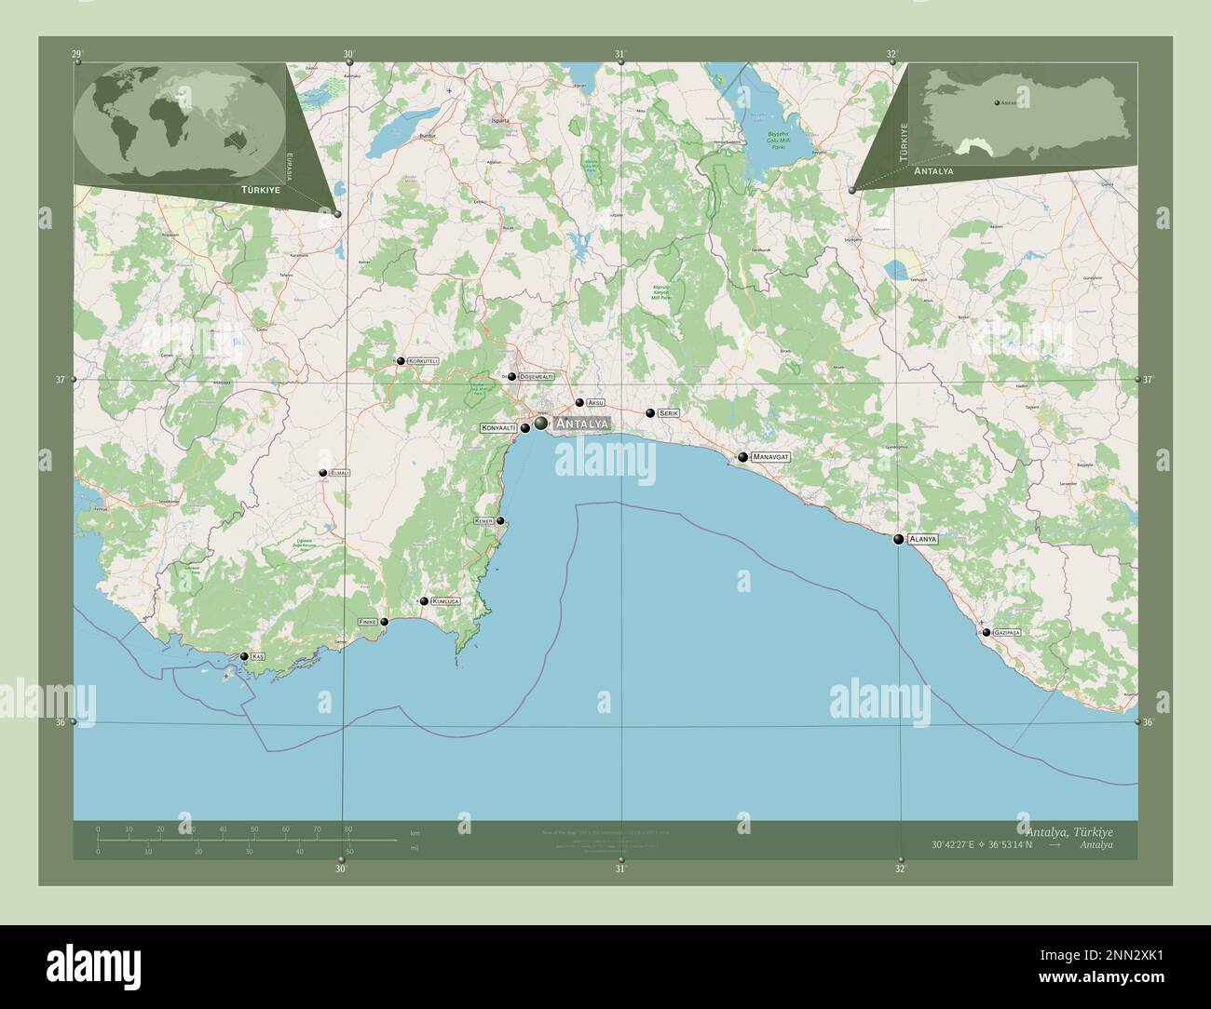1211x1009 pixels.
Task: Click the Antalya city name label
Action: pyautogui.click(x=581, y=424)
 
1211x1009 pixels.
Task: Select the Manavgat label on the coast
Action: pyautogui.click(x=770, y=457)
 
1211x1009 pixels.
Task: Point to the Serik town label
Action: pyautogui.click(x=668, y=412)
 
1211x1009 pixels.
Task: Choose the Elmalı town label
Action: pyautogui.click(x=339, y=473)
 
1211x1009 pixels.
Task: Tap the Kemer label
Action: pyautogui.click(x=483, y=520)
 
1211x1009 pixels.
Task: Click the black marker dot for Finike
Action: pyautogui.click(x=384, y=622)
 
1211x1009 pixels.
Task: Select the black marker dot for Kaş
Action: pyautogui.click(x=244, y=656)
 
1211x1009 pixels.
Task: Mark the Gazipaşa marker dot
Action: pyautogui.click(x=986, y=632)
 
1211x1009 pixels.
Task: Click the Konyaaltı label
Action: pyautogui.click(x=497, y=428)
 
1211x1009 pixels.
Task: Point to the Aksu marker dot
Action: pyautogui.click(x=579, y=403)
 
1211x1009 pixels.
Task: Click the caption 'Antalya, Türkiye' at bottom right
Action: pyautogui.click(x=1068, y=830)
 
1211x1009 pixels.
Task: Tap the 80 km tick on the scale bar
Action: pyautogui.click(x=347, y=827)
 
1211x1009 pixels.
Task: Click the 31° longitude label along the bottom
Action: pyautogui.click(x=619, y=868)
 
